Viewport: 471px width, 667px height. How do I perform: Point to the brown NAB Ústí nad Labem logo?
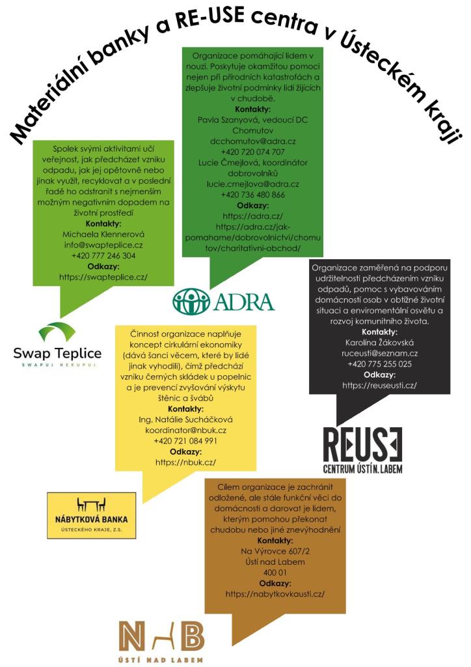(x=161, y=641)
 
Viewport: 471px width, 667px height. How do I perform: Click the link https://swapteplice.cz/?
(x=103, y=277)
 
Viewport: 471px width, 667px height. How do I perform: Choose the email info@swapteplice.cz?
(x=103, y=244)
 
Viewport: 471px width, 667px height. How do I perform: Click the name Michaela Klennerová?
(x=103, y=233)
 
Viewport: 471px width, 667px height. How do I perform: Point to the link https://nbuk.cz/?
(x=185, y=462)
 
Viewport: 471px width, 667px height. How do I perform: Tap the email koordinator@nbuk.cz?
(x=185, y=429)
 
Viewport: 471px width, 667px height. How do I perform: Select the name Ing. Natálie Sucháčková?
(x=185, y=418)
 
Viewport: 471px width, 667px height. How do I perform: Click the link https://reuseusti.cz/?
(x=380, y=385)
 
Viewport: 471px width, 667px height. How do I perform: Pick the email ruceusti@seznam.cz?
(x=380, y=352)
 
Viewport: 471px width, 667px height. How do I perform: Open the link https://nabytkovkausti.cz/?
(x=275, y=593)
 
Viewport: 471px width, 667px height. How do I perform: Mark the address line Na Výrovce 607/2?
(x=275, y=550)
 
